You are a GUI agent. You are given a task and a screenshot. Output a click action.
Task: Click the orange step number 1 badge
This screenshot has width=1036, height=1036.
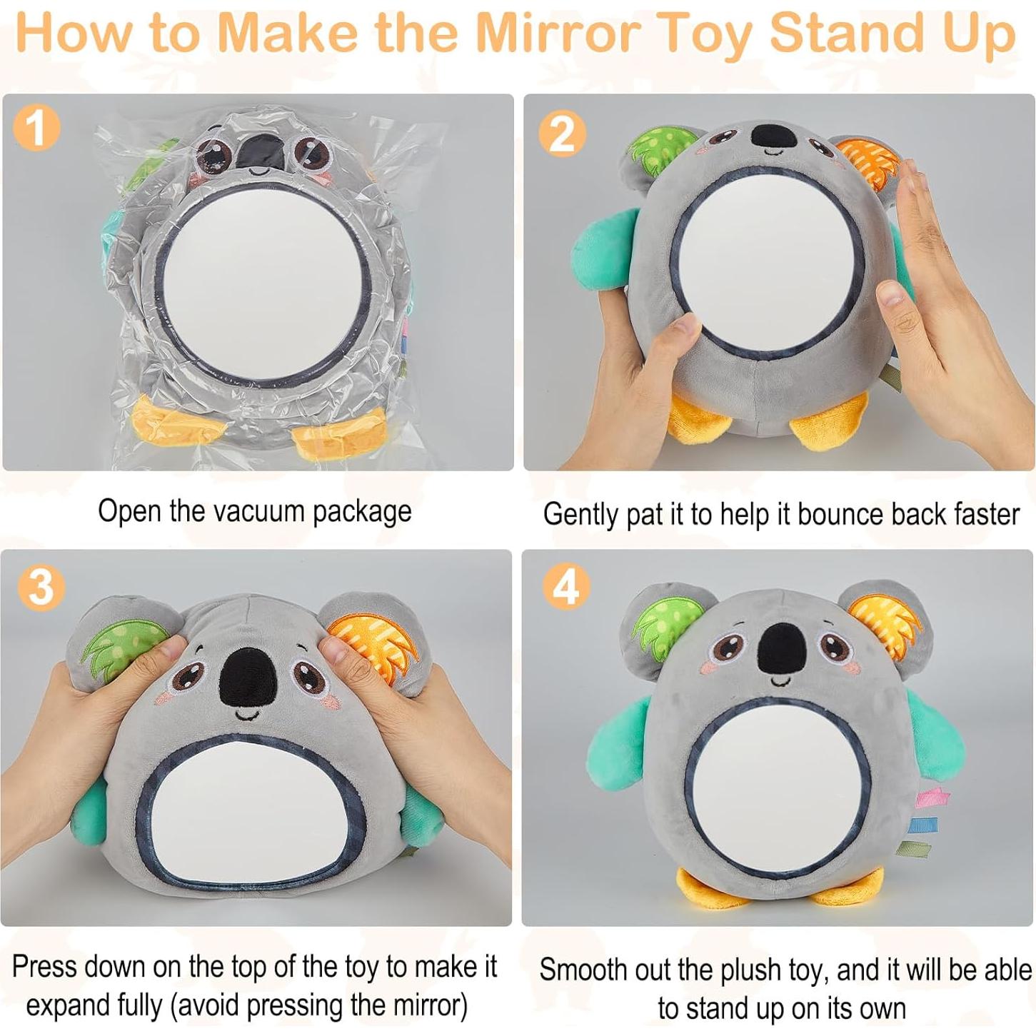(36, 129)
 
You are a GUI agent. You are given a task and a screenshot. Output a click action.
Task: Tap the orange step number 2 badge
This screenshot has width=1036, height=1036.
(563, 134)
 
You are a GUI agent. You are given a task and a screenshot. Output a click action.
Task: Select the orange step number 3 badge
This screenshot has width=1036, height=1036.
(41, 587)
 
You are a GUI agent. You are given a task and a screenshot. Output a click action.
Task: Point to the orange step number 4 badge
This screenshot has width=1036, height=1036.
(566, 587)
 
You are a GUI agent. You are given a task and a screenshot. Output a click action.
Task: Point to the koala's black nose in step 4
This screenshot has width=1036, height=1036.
(780, 650)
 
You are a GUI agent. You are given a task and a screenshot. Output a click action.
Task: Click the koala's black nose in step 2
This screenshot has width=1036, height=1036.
(773, 136)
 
